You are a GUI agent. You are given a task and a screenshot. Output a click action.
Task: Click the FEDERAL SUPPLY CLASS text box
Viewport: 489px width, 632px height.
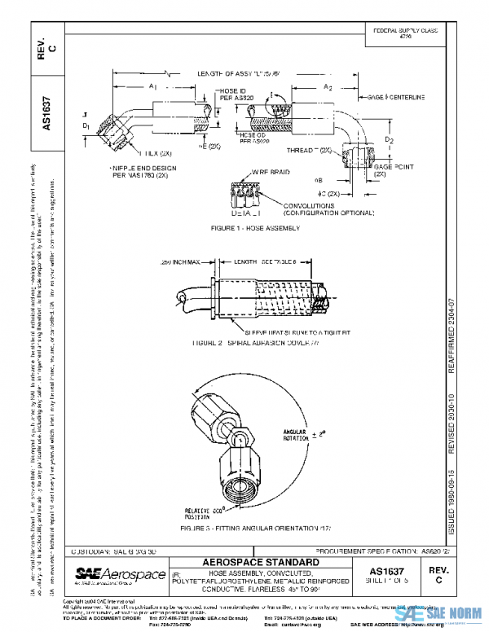coord(405,33)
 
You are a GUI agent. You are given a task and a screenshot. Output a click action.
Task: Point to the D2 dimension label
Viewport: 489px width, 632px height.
coord(390,141)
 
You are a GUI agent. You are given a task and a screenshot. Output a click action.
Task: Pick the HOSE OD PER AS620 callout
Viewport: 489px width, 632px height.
coord(235,138)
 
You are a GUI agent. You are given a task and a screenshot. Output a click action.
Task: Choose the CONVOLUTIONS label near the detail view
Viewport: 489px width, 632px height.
coord(303,208)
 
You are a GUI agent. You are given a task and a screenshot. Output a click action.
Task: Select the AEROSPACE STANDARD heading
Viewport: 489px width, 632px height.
coord(259,563)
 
